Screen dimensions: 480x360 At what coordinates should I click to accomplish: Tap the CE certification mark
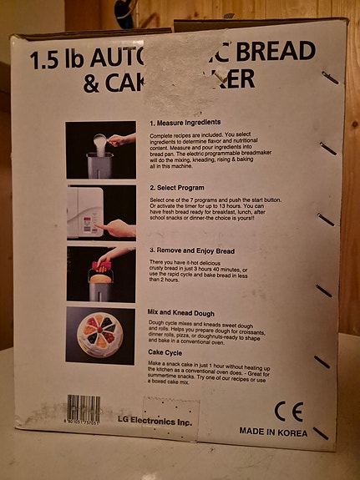[x=288, y=411]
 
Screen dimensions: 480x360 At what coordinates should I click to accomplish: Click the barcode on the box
[x=84, y=409]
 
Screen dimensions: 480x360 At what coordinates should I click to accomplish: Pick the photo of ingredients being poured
[x=100, y=149]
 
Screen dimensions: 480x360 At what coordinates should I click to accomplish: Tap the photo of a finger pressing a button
[x=100, y=212]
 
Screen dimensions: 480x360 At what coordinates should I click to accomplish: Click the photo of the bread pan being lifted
[x=100, y=274]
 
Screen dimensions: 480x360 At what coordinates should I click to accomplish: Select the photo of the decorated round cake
[x=100, y=335]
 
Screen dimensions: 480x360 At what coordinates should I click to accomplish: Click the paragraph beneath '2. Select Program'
[x=212, y=214]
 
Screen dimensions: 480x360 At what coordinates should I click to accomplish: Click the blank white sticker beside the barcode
[x=172, y=413]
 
